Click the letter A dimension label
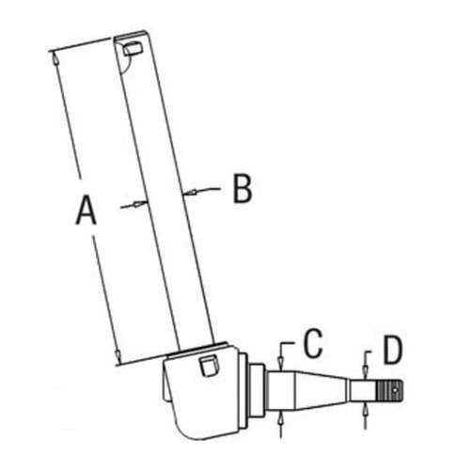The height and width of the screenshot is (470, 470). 86,210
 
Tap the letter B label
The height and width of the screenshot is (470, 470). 243,189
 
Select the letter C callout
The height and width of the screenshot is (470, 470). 314,345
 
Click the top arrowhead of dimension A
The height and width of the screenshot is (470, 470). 57,58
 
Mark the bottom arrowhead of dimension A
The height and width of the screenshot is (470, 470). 117,355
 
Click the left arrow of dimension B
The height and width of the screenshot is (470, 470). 139,203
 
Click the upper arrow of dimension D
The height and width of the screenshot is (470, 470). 366,369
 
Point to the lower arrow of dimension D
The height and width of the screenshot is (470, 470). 366,409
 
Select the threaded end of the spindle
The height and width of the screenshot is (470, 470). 387,389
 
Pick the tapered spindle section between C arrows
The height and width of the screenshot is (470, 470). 310,389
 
